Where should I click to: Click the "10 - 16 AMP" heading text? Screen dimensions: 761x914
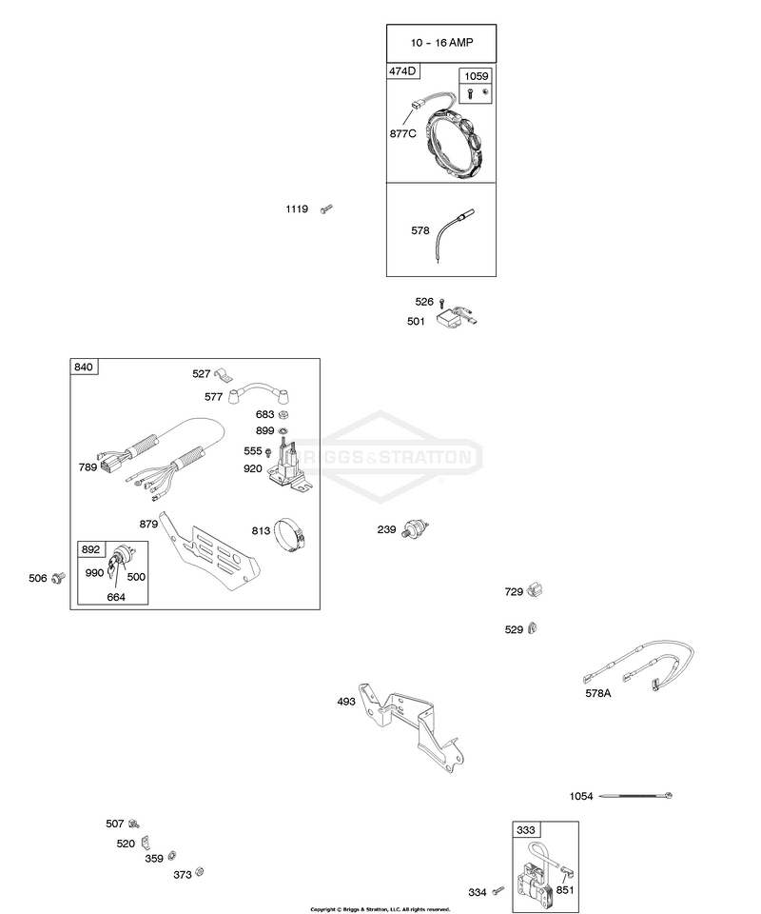click(x=441, y=43)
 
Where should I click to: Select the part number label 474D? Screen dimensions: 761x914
click(x=402, y=71)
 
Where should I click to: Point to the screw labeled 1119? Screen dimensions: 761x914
click(x=326, y=209)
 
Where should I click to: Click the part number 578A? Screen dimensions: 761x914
click(x=598, y=693)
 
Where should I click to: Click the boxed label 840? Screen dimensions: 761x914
click(x=84, y=367)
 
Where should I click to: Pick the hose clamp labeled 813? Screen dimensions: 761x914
click(x=290, y=535)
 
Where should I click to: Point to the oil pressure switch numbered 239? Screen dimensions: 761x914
click(x=415, y=528)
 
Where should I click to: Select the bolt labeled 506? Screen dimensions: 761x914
click(x=58, y=578)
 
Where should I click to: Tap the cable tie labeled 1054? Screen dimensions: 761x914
click(x=635, y=796)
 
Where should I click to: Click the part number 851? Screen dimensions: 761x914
click(x=564, y=889)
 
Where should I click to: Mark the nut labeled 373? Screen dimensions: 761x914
click(x=199, y=872)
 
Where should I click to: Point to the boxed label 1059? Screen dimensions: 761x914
click(x=476, y=76)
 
